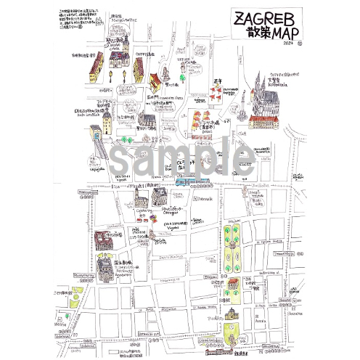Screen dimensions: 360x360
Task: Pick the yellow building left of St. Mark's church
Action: (95, 69)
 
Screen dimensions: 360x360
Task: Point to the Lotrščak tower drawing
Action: (107, 121)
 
